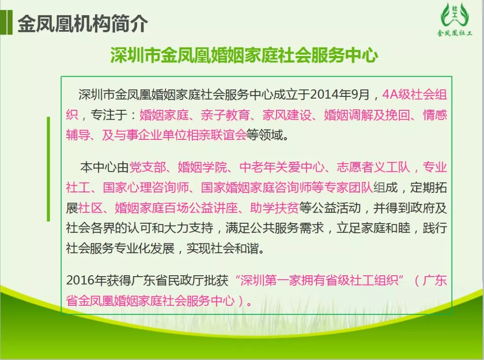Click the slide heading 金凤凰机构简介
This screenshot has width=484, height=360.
click(83, 24)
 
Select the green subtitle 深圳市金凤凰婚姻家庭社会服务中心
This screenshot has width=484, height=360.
click(244, 56)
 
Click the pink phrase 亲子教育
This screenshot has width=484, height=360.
click(225, 115)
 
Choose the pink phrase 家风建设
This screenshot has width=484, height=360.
click(287, 115)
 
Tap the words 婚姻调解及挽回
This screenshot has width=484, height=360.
click(367, 115)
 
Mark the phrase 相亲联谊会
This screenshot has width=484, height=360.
click(216, 135)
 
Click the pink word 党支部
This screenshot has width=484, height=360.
click(147, 167)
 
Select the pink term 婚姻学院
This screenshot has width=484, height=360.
click(202, 167)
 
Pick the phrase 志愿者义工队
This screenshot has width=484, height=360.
click(373, 167)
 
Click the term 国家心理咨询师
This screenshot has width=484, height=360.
click(146, 187)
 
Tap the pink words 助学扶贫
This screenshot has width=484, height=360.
click(274, 208)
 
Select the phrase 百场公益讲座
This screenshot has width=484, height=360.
click(201, 208)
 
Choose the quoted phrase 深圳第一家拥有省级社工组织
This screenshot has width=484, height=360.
click(319, 280)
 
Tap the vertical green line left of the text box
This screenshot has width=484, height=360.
click(48, 169)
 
